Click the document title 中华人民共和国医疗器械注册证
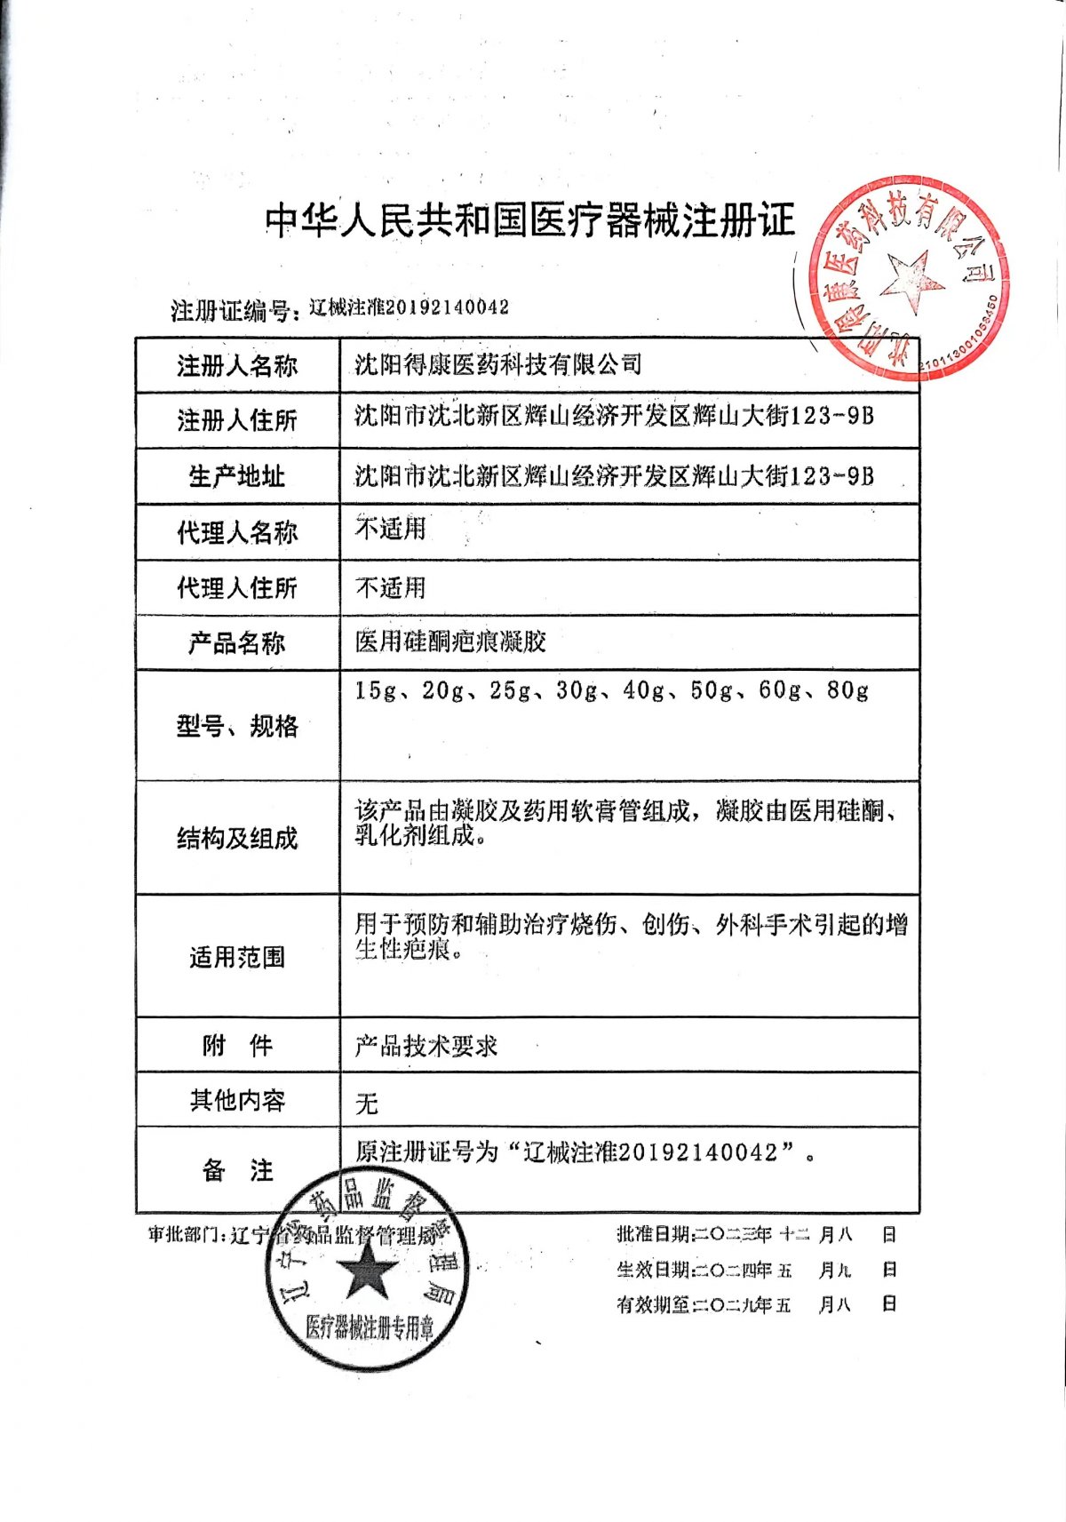(x=530, y=219)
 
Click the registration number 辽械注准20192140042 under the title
(x=409, y=307)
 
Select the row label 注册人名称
(x=236, y=365)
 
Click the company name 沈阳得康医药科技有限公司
(x=497, y=364)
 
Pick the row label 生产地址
(x=236, y=476)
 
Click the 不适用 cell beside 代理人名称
(x=390, y=529)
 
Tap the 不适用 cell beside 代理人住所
(x=390, y=587)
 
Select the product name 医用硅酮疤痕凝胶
(x=450, y=641)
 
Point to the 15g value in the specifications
(x=375, y=690)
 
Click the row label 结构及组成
(x=236, y=838)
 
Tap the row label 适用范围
(x=236, y=957)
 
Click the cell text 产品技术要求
(x=426, y=1046)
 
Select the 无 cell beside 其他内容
(x=366, y=1104)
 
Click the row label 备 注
(x=236, y=1170)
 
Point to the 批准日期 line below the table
(x=755, y=1234)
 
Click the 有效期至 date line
(x=755, y=1304)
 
